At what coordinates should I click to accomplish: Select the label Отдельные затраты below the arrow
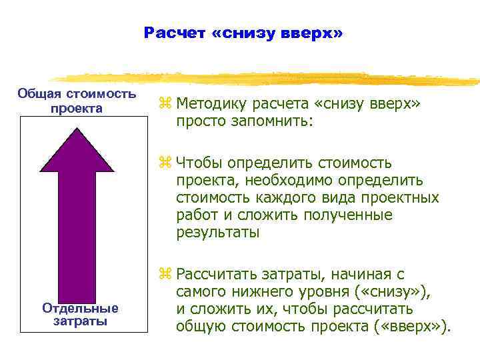[80, 315]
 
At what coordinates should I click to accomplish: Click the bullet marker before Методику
[165, 104]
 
